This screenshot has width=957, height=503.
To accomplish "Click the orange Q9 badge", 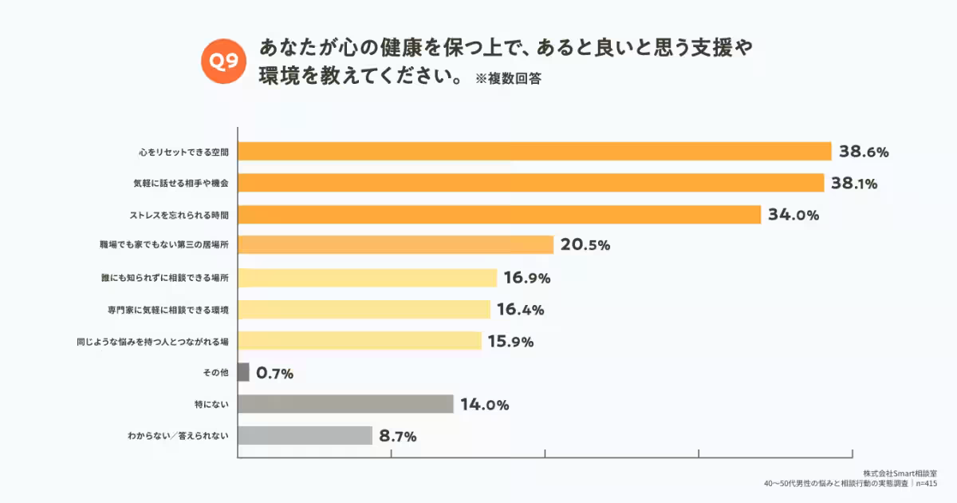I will point(224,61).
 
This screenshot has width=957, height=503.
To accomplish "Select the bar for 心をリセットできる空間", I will point(534,152).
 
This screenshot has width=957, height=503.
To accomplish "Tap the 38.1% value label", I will point(854,184).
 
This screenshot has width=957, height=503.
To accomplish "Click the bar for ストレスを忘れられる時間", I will point(499,215).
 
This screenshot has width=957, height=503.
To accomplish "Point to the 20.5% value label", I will point(585,246).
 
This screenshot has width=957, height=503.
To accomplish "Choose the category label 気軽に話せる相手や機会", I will point(181,184).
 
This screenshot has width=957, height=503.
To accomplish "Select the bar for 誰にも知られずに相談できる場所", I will point(368,278).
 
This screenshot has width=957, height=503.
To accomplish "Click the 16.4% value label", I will point(520,310).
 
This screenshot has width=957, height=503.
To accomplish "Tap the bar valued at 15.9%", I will point(360,341).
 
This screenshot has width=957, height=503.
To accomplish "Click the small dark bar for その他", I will point(243,373).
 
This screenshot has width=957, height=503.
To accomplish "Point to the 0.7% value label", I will point(275,373).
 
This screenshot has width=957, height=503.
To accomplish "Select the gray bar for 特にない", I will point(345,404).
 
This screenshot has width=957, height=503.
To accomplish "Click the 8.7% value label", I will point(398,436).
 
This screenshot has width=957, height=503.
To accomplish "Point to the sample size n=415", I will point(926,484).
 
